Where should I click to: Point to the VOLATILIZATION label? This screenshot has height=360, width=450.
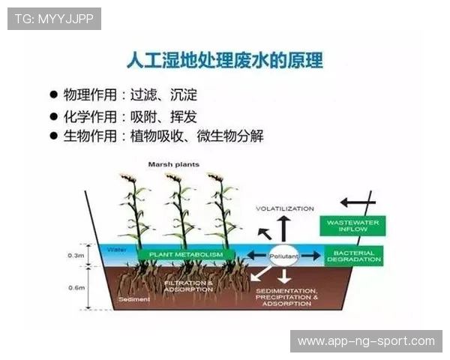[284, 208]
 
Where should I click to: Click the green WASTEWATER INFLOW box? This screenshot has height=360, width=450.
[352, 225]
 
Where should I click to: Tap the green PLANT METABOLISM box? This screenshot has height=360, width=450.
[186, 255]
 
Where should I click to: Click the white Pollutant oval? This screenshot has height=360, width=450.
[284, 256]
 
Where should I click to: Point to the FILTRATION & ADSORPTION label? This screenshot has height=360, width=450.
[188, 286]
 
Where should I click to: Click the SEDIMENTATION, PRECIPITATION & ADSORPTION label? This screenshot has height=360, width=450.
[286, 297]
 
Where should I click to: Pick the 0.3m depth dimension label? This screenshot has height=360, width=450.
[76, 256]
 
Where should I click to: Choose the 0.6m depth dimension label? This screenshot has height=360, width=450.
[76, 287]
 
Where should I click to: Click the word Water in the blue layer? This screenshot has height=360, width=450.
[116, 249]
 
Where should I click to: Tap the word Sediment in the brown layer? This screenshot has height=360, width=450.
[135, 299]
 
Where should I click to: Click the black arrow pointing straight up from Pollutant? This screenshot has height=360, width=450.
[284, 228]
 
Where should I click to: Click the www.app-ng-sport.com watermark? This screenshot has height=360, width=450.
[366, 341]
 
